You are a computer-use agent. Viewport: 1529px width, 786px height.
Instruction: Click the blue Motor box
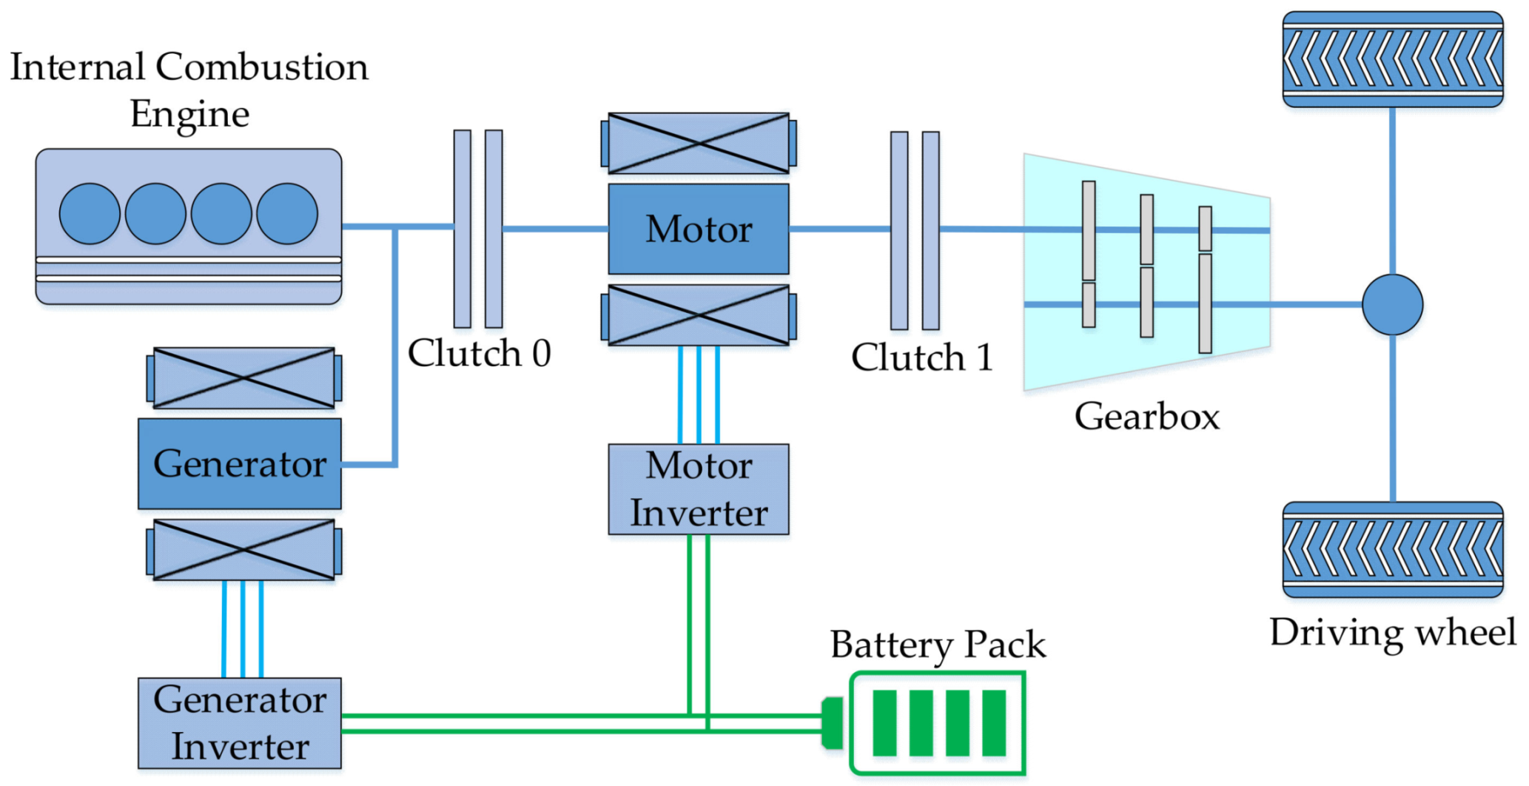pyautogui.click(x=698, y=229)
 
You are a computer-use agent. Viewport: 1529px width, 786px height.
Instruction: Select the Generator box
pyautogui.click(x=239, y=464)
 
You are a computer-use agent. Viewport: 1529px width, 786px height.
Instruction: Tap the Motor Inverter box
pyautogui.click(x=698, y=489)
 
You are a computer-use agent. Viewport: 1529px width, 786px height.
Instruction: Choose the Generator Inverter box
pyautogui.click(x=239, y=723)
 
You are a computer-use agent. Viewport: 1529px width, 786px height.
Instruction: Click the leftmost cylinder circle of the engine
pyautogui.click(x=90, y=214)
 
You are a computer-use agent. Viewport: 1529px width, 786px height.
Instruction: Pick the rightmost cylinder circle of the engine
pyautogui.click(x=287, y=214)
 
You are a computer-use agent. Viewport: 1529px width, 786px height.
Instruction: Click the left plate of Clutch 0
pyautogui.click(x=462, y=229)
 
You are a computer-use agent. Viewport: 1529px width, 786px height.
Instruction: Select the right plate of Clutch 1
pyautogui.click(x=930, y=230)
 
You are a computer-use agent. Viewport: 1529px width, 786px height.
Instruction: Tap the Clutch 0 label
pyautogui.click(x=479, y=353)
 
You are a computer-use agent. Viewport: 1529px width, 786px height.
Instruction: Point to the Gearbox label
pyautogui.click(x=1146, y=417)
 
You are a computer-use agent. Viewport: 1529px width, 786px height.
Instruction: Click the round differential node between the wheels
pyautogui.click(x=1392, y=305)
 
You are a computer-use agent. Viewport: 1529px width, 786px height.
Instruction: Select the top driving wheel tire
pyautogui.click(x=1392, y=59)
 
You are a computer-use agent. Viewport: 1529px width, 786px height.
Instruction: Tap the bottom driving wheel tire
pyautogui.click(x=1392, y=549)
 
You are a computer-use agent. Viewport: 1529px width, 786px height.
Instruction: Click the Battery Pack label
pyautogui.click(x=938, y=645)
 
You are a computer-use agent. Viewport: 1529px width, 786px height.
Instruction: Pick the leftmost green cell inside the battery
pyautogui.click(x=884, y=723)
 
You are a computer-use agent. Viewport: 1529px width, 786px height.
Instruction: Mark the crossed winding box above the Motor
pyautogui.click(x=698, y=144)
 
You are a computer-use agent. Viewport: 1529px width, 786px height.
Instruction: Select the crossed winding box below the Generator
pyautogui.click(x=243, y=550)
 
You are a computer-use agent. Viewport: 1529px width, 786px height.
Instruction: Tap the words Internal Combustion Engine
pyautogui.click(x=189, y=89)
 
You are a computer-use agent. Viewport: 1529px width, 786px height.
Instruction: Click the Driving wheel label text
pyautogui.click(x=1392, y=634)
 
